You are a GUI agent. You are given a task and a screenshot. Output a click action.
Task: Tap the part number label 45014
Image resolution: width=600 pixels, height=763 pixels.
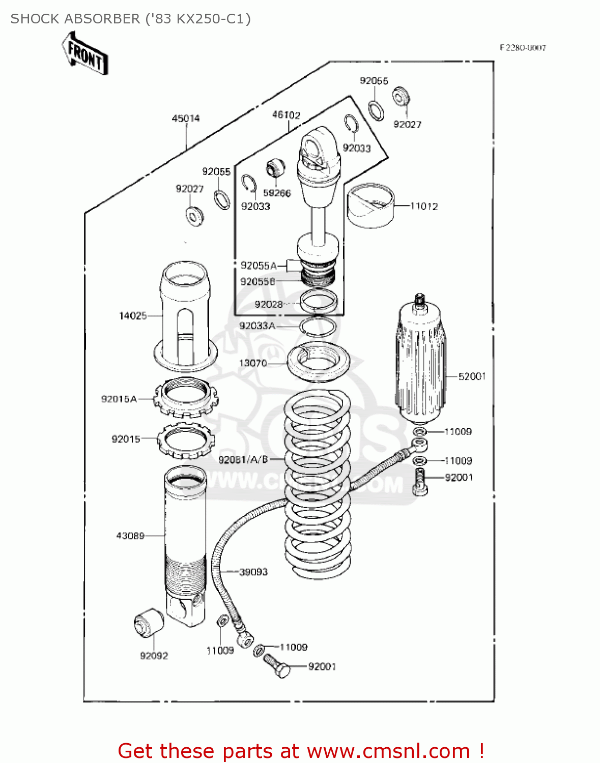[x=186, y=119]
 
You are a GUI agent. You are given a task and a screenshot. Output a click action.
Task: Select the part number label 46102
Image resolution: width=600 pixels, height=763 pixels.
[x=286, y=115]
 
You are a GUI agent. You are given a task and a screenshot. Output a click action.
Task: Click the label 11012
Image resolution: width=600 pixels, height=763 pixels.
[x=424, y=206]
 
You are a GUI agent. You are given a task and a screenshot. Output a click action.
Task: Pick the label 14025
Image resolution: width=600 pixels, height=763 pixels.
[x=133, y=316]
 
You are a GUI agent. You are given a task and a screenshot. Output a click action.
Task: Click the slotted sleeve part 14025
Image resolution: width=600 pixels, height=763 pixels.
[x=185, y=315]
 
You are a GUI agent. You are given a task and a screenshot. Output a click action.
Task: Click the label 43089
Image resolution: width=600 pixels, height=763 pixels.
[x=130, y=536]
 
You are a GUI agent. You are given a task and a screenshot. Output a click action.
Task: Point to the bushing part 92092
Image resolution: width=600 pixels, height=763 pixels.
[x=148, y=622]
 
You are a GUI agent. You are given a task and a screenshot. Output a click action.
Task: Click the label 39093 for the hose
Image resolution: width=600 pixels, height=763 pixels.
[x=253, y=572]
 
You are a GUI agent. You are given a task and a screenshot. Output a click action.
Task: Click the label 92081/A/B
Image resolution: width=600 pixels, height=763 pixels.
[x=243, y=460]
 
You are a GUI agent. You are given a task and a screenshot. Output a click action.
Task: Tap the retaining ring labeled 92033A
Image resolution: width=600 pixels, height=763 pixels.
[x=318, y=326]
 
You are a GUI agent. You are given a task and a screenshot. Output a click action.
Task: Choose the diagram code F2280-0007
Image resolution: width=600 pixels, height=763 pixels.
[x=523, y=48]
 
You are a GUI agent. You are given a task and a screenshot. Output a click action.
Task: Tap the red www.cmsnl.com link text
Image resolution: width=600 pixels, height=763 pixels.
[x=388, y=751]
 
